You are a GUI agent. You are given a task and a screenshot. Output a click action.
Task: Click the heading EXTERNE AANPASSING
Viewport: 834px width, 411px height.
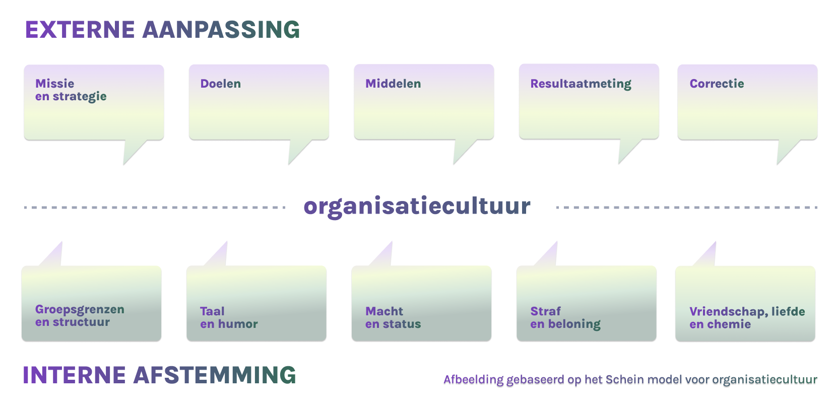[x=162, y=30]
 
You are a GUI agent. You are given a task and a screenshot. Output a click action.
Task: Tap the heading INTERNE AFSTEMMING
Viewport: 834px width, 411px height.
[x=159, y=375]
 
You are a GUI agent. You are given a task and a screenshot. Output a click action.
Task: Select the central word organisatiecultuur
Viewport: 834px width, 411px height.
[x=417, y=207]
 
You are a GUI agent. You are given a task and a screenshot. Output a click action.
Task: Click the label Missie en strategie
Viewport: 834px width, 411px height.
[x=71, y=90]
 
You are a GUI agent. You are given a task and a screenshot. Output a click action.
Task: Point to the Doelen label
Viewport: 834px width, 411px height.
[x=220, y=84]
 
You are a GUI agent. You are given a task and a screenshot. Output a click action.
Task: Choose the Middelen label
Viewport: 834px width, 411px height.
[x=393, y=84]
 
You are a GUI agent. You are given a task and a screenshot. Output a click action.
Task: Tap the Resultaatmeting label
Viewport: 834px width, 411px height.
[x=581, y=84]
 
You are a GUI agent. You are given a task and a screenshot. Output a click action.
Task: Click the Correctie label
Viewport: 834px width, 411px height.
[x=717, y=84]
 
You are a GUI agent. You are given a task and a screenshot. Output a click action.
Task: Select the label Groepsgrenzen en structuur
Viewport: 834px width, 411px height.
[x=79, y=316]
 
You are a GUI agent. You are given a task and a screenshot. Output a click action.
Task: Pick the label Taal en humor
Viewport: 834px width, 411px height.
[x=228, y=318]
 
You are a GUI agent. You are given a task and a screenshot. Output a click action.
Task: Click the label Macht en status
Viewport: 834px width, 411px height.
[x=393, y=318]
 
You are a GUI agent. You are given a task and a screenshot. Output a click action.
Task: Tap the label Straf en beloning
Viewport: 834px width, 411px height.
[x=565, y=318]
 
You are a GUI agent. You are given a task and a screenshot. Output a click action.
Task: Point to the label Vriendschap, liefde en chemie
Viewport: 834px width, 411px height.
[x=747, y=318]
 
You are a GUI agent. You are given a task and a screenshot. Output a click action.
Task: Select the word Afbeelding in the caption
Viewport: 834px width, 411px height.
[x=473, y=380]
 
